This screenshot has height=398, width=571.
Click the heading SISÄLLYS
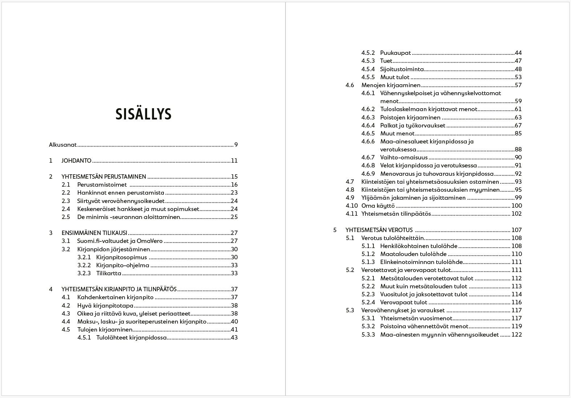coord(143,114)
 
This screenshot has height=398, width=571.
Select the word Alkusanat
coord(63,145)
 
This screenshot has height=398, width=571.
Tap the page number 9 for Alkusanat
coord(236,145)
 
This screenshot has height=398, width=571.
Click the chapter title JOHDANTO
coord(76,161)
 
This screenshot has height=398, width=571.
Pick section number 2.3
coord(66,201)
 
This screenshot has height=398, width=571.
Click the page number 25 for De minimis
coord(234,217)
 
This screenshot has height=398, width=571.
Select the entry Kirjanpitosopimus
coord(122,257)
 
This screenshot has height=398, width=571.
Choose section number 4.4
coord(66,321)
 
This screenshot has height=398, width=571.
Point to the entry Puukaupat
coord(395,53)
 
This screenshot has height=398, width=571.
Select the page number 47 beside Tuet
coord(518,61)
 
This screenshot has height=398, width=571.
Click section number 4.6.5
coord(368,133)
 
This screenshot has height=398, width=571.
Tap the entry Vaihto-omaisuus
coord(404,158)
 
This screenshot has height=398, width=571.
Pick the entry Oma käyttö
coord(378,206)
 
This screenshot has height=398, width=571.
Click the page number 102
coord(516,214)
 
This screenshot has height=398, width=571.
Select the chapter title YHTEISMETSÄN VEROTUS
coord(379,230)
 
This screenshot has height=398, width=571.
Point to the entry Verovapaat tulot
coord(404,302)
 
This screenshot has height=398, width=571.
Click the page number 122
coord(516,334)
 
